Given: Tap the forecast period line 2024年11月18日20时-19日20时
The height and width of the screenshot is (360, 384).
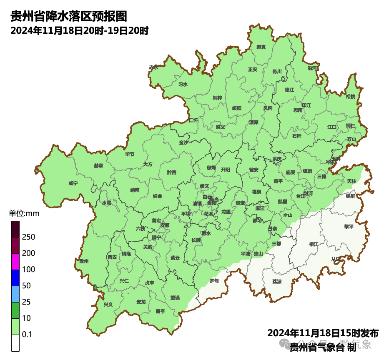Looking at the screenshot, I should click(80, 31).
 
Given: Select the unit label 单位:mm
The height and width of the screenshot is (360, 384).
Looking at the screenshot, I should click(24, 214).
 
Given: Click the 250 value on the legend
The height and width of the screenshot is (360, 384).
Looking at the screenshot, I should click(28, 237).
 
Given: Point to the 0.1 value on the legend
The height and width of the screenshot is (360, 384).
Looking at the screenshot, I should click(27, 335).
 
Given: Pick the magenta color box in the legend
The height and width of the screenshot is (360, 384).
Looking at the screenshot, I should click(15, 262).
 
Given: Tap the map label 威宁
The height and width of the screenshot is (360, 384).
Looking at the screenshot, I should click(73, 183).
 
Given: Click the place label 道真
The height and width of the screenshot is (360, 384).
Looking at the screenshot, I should click(261, 47).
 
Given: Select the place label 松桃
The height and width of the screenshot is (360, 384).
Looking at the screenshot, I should click(351, 97).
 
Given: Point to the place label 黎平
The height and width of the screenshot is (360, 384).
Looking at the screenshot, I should click(349, 227).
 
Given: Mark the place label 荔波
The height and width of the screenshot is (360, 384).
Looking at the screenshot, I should click(277, 282).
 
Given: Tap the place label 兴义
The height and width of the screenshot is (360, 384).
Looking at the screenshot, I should click(108, 305).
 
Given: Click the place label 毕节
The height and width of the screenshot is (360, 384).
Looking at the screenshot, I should click(130, 154).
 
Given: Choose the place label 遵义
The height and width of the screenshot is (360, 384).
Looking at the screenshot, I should click(221, 127).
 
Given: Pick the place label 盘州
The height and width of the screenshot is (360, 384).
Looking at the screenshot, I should click(84, 261).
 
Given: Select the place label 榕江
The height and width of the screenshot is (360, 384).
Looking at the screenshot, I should click(314, 244).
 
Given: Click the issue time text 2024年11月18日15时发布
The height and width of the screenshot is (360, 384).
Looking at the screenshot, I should click(323, 333).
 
